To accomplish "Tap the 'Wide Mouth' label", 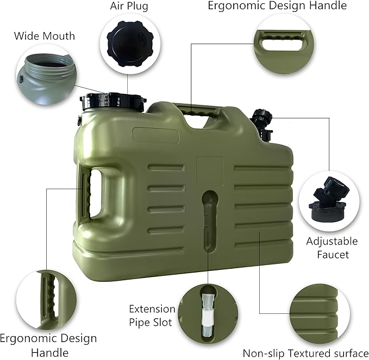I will tap(45, 36).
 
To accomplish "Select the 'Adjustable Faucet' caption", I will tap(332, 248).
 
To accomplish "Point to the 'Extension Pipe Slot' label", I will tap(152, 315).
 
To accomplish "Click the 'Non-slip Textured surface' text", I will tap(305, 353).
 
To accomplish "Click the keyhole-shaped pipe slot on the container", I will tap(207, 217).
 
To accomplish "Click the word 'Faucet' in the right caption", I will tap(332, 254).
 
